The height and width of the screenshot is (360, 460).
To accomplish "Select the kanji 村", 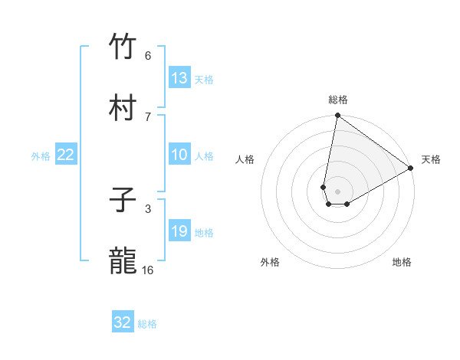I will [123, 108].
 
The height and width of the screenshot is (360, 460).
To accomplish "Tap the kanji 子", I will [123, 201].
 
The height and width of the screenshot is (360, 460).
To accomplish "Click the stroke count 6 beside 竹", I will [148, 55].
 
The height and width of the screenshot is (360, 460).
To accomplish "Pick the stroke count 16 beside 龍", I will [148, 270].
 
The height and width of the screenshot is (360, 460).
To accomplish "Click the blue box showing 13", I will [179, 78].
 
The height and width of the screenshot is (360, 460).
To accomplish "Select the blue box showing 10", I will [179, 155].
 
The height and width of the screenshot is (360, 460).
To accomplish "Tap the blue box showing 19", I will [179, 231].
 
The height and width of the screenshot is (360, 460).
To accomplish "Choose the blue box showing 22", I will [66, 155].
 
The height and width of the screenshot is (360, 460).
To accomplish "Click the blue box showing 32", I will [123, 322].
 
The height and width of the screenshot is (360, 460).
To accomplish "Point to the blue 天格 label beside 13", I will [203, 80].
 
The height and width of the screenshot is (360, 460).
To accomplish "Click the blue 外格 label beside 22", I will [41, 156].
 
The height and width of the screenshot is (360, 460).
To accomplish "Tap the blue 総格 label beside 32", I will [147, 324].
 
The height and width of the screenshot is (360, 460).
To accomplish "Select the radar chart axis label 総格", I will [338, 100].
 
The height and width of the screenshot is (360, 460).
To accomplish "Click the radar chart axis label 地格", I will [402, 262].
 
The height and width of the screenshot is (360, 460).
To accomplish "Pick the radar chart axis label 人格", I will [245, 159].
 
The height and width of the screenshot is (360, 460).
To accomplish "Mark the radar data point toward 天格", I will [411, 169].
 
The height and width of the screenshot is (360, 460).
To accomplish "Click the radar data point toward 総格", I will [337, 116].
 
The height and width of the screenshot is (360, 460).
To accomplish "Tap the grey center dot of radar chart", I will [337, 191].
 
